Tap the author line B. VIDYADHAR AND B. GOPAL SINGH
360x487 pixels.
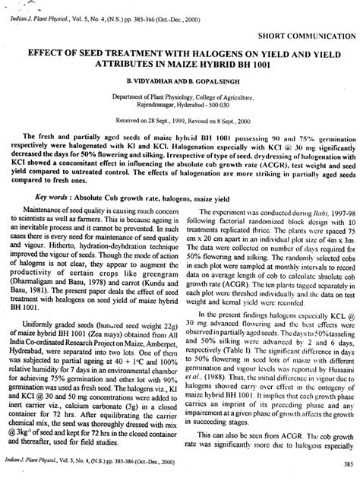[180, 80]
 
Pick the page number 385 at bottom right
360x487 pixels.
[346, 466]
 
